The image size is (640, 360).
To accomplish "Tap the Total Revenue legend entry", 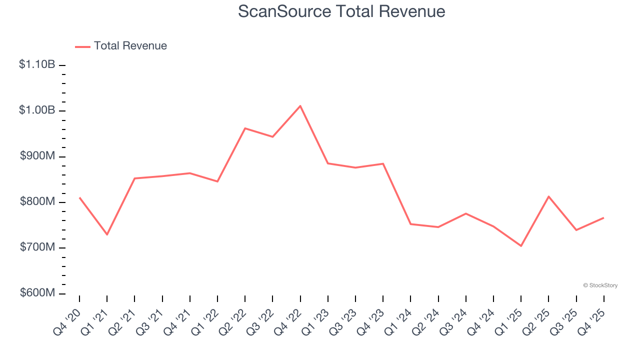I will [x=130, y=46].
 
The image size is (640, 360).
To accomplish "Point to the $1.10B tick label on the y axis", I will [x=37, y=64].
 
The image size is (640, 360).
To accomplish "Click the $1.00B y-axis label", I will [x=37, y=110].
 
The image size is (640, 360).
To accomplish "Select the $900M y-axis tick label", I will [x=37, y=156].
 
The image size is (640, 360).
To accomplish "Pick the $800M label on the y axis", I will [x=37, y=201].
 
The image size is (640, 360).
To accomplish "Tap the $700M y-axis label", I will [x=37, y=247].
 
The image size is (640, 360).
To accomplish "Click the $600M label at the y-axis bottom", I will [x=37, y=293].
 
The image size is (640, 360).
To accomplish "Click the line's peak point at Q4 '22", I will [x=300, y=106].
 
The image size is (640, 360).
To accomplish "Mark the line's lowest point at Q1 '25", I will [x=521, y=246].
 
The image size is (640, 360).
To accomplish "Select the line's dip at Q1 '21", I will [x=107, y=234].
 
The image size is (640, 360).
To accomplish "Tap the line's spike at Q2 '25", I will [x=548, y=196].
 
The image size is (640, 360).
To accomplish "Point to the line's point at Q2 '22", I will [x=245, y=128].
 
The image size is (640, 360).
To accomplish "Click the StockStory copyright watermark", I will [x=600, y=285].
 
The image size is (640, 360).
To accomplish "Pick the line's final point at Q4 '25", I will [x=603, y=217].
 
